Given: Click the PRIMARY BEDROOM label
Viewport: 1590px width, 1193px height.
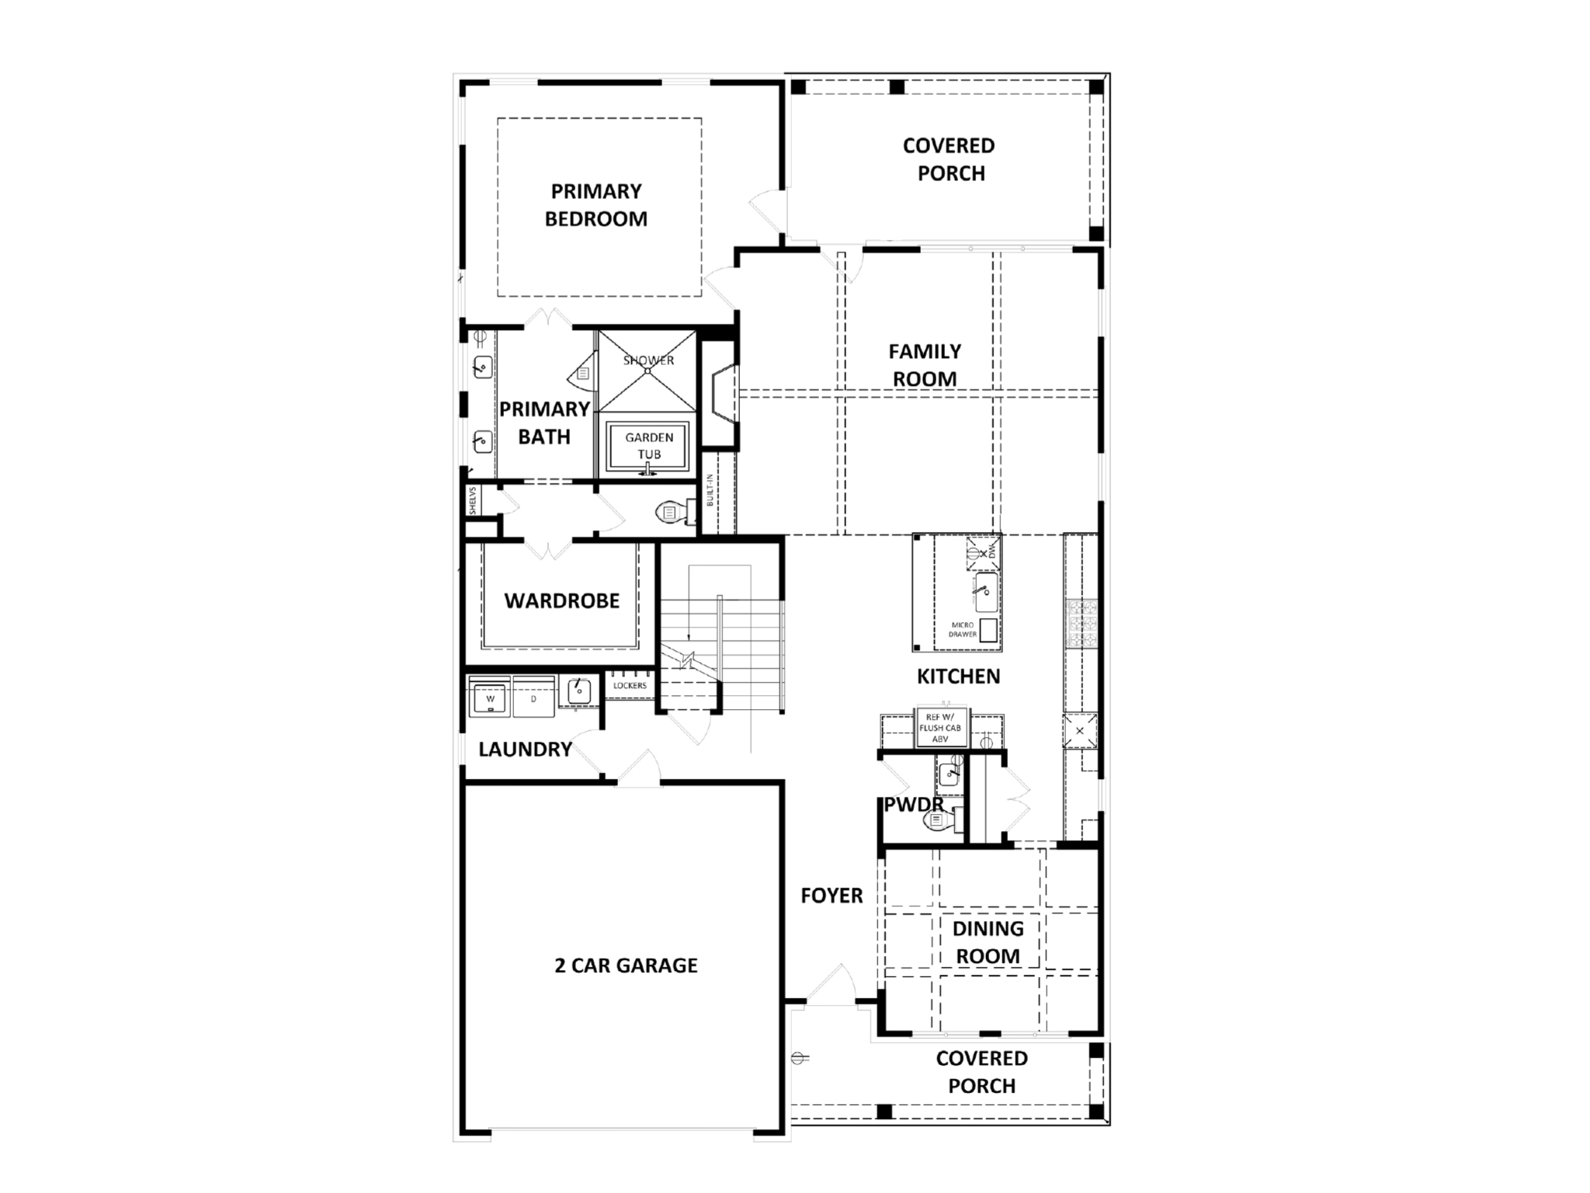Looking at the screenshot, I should point(596,205).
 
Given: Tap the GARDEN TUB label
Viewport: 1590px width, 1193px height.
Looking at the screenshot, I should point(649,446).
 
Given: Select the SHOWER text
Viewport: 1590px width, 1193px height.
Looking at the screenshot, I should point(648,360).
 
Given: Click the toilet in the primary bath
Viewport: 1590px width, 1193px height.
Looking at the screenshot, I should point(673,511).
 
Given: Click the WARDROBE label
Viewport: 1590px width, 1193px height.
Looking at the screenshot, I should point(561,600).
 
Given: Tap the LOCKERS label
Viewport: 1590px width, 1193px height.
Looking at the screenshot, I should point(630,686).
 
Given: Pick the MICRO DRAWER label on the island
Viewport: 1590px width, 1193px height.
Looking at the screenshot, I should point(963,629).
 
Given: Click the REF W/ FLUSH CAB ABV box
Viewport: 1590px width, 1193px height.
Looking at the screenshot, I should point(940,728).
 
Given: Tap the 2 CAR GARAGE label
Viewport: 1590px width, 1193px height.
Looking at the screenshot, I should point(626,965).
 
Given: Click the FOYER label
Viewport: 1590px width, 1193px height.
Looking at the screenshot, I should point(831,896).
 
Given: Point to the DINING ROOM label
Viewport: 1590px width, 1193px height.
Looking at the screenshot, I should point(988,942).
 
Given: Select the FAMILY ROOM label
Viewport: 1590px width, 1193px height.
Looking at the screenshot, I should point(925,365).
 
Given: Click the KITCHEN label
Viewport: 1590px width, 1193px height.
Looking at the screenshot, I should point(958,676).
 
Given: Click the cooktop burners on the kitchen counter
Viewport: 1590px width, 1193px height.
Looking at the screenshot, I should point(1081,624).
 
